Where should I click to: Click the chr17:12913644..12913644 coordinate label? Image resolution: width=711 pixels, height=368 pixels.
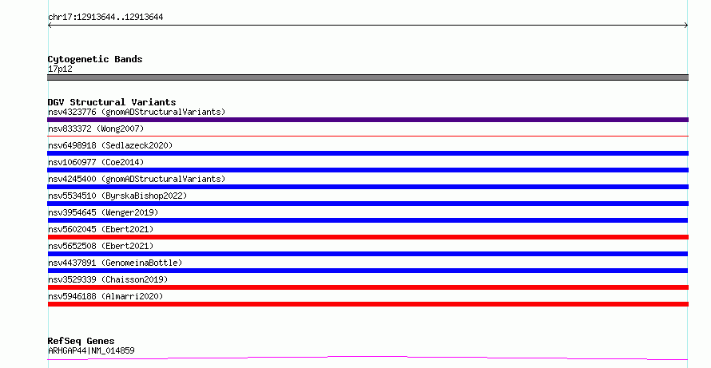[x=105, y=18]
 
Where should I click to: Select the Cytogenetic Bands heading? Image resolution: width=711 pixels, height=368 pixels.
[x=95, y=59]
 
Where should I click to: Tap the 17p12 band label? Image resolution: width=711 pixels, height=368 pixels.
[x=60, y=69]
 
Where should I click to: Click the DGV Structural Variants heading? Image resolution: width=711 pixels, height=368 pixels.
[x=112, y=102]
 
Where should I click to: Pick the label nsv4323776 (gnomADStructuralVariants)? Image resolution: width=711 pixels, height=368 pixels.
[x=137, y=112]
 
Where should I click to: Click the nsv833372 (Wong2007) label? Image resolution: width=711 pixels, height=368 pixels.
[x=96, y=129]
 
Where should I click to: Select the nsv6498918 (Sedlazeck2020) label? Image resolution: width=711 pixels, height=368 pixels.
[x=110, y=145]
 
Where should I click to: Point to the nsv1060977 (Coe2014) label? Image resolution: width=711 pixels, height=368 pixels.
[x=96, y=162]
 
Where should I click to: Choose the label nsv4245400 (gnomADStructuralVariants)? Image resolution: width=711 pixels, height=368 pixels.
[x=137, y=179]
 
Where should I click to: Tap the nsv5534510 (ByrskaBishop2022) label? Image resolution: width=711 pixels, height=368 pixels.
[x=117, y=196]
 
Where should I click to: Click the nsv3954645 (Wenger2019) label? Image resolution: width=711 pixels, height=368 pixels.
[x=103, y=212]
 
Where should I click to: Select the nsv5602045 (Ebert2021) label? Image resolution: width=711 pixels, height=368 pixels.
[x=101, y=229]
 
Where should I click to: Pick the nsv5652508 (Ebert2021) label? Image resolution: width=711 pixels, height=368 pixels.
[x=101, y=246]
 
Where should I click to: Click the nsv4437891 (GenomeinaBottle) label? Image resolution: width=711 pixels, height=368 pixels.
[x=115, y=263]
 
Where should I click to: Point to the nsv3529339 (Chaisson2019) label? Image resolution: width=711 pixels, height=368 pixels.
[x=108, y=279]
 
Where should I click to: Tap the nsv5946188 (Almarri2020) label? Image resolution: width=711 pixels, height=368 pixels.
[x=105, y=296]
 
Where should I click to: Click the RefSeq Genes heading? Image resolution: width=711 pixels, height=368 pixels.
[x=81, y=342]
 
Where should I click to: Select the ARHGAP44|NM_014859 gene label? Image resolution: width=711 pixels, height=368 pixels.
[x=91, y=350]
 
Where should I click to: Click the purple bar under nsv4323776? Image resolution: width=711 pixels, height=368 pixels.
[x=367, y=120]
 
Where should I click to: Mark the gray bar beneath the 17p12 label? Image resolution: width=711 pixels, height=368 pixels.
[x=367, y=77]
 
